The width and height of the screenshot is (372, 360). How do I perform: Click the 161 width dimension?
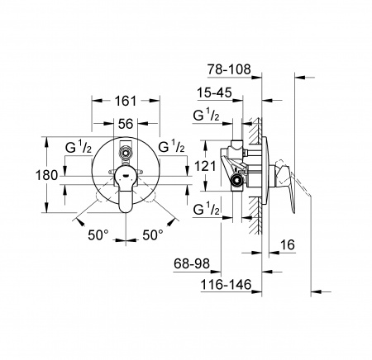click(126, 101)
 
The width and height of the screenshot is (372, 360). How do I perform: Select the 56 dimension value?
click(126, 124)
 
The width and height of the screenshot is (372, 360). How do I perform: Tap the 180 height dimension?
click(46, 175)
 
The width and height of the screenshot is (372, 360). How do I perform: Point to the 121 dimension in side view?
click(205, 166)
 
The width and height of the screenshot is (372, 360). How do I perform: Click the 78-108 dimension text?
click(229, 69)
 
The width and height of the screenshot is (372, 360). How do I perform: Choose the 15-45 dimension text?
click(214, 92)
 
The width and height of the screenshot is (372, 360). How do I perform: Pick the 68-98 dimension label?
click(192, 264)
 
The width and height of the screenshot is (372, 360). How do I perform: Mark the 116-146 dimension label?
click(226, 285)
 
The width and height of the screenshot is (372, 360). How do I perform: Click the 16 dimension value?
click(288, 244)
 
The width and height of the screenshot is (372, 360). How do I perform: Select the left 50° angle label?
click(98, 235)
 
